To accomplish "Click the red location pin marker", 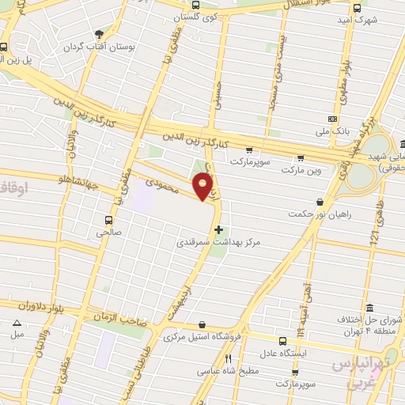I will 204,186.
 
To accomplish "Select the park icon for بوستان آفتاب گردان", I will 99,34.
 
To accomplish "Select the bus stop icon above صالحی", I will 108,219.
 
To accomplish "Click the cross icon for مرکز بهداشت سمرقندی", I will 219,229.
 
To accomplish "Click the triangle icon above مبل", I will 17,322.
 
